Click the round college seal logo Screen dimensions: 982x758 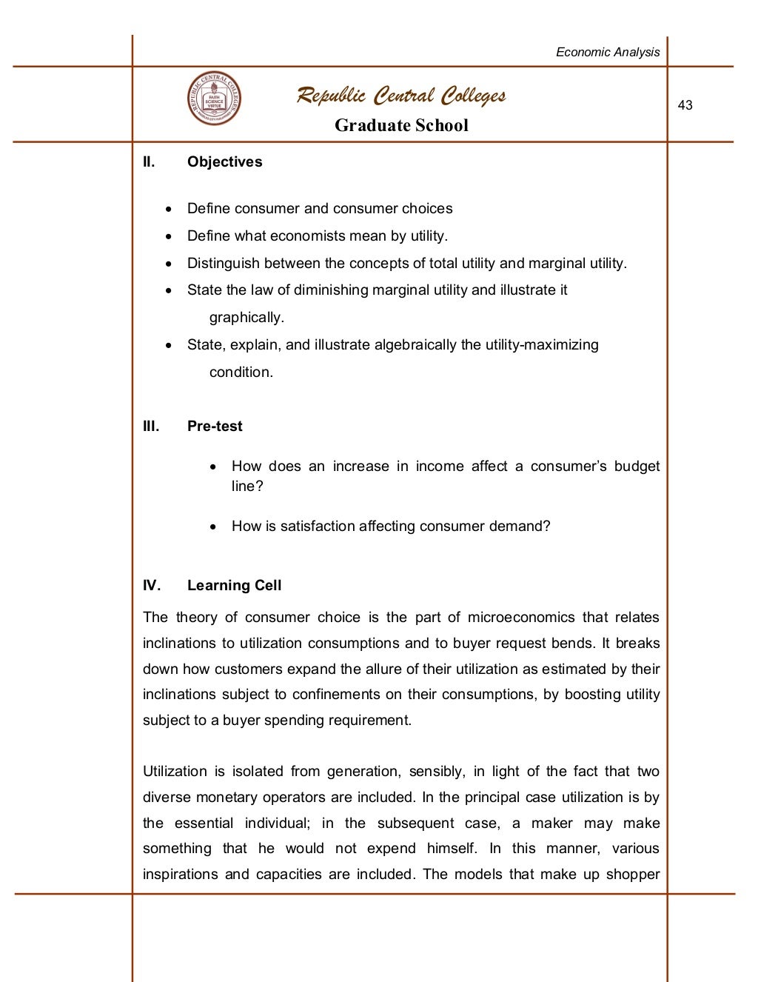click(214, 98)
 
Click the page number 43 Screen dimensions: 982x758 click(685, 105)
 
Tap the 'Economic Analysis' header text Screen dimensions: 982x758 click(607, 52)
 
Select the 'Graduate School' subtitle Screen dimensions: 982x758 click(401, 125)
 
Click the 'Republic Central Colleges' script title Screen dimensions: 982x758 click(401, 96)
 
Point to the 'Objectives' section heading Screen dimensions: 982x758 click(224, 161)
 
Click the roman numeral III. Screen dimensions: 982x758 click(151, 426)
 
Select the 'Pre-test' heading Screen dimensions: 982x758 click(215, 426)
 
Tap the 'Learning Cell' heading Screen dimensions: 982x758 click(234, 585)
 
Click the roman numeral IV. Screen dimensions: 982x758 click(151, 585)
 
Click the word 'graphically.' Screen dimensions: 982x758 click(246, 318)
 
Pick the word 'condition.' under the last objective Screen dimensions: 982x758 click(241, 372)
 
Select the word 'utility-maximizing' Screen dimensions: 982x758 click(541, 344)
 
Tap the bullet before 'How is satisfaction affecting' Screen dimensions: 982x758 click(213, 527)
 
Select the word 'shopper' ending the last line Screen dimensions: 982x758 click(632, 874)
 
